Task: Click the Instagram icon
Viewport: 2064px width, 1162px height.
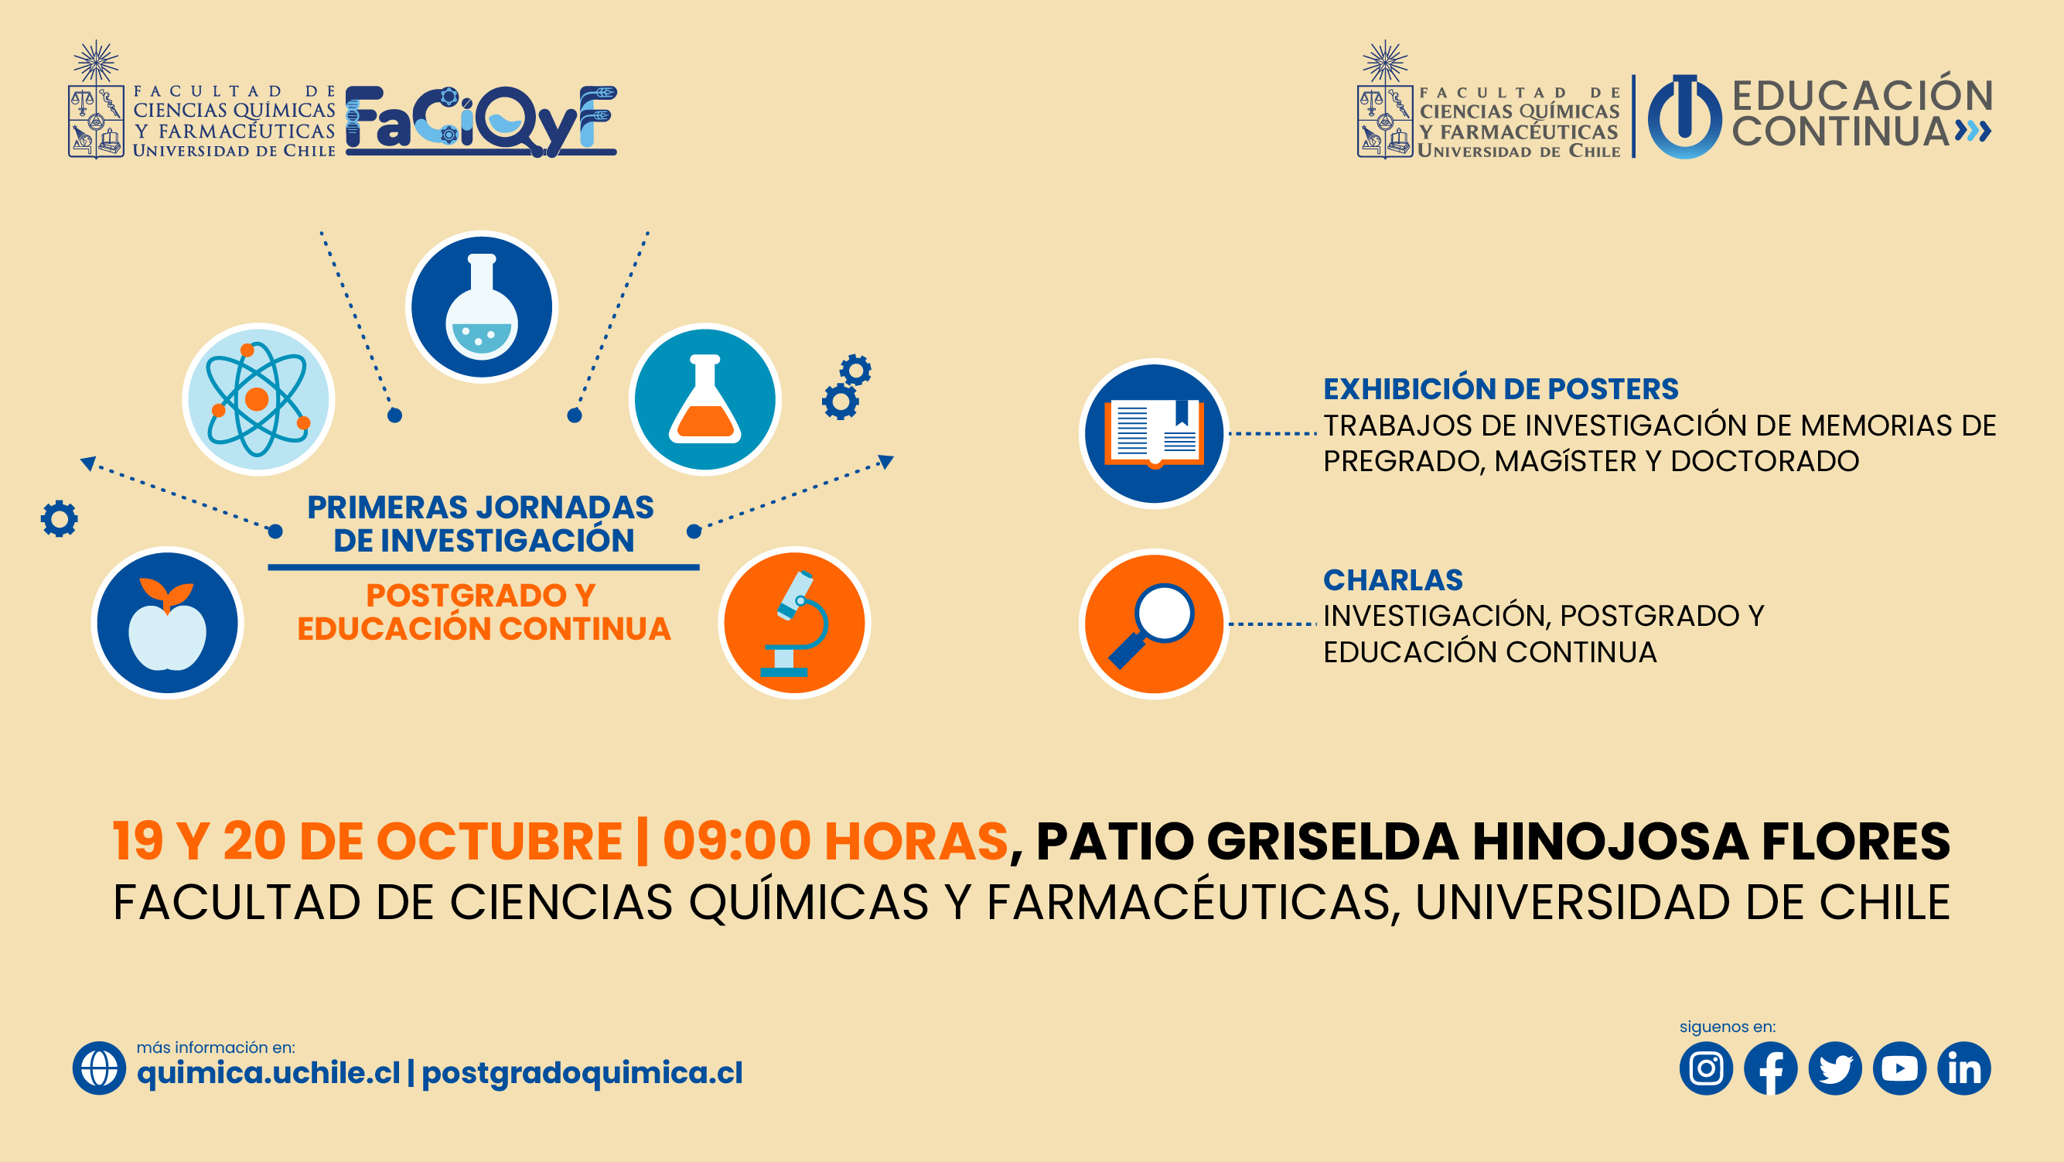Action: point(1706,1068)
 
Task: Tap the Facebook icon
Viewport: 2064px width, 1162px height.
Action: point(1771,1068)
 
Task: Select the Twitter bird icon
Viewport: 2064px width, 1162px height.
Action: point(1835,1068)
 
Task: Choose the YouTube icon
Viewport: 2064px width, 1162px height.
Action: point(1900,1068)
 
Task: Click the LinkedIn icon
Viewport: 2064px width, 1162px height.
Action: point(1963,1068)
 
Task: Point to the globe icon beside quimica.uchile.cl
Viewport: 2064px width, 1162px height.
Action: point(99,1068)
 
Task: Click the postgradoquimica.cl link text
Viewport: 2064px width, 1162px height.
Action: point(582,1074)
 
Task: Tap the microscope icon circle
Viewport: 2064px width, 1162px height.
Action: point(794,623)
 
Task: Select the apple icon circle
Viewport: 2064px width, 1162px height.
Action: point(168,623)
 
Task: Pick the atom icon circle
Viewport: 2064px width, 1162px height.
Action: point(258,399)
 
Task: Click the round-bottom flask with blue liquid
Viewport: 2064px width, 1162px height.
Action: point(482,307)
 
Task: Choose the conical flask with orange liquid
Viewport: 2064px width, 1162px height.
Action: point(705,399)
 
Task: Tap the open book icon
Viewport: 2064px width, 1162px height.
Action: point(1154,433)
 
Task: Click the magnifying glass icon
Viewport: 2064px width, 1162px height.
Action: point(1154,624)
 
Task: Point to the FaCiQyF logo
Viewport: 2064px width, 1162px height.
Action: point(481,120)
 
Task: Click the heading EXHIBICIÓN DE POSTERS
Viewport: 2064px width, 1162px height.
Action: point(1501,388)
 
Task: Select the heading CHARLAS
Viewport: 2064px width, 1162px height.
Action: point(1393,579)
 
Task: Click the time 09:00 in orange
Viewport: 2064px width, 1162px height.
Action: point(736,842)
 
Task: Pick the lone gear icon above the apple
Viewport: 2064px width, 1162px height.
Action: point(60,519)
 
